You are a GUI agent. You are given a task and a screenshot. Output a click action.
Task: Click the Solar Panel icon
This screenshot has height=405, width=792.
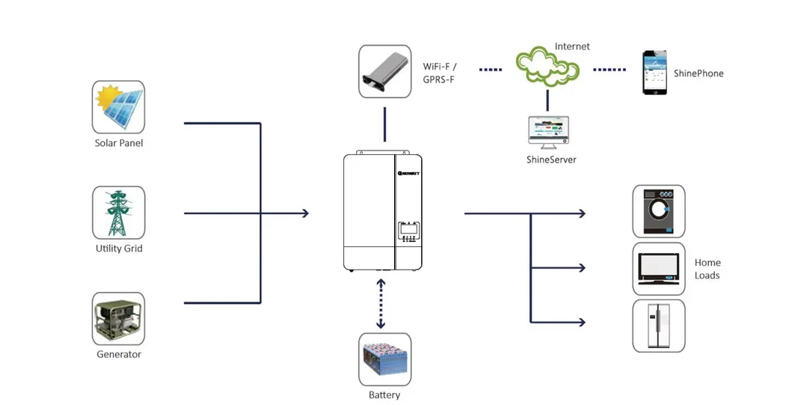coord(118,107)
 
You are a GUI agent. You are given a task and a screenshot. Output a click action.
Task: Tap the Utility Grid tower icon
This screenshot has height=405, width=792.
coord(118,213)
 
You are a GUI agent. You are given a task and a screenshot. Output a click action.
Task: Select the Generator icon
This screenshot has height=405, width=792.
coord(118,319)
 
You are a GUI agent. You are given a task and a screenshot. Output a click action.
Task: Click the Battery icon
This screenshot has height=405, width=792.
coord(384,359)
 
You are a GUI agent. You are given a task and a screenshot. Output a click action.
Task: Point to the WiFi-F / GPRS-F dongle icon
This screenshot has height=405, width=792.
coord(384,71)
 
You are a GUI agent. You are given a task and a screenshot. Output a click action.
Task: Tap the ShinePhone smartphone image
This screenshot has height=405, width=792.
coord(655,73)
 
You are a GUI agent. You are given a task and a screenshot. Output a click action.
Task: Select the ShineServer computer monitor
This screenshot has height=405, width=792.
coord(547,131)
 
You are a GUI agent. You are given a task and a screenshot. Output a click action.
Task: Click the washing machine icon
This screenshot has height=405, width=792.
coord(658,212)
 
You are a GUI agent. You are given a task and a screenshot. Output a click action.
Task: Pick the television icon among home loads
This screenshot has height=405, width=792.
coord(658,268)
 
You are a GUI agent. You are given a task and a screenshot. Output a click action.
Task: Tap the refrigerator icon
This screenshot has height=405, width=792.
coord(658,326)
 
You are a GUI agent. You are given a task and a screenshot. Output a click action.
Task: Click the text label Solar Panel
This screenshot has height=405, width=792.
coord(118,143)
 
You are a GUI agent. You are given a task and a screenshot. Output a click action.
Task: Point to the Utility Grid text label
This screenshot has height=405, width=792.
coord(118,249)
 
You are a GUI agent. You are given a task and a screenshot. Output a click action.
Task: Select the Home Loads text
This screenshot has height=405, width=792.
coord(707,269)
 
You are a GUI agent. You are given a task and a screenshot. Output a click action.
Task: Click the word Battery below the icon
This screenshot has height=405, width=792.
coord(384,395)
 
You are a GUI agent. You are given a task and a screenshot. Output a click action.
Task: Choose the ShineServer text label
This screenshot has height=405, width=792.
coord(551,159)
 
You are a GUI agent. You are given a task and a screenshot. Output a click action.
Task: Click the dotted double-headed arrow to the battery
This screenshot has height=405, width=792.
coord(381,303)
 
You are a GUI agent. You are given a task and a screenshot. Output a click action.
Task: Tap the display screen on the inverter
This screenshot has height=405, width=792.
coord(407,228)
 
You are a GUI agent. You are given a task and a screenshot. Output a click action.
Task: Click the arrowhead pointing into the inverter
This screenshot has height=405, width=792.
coord(304,213)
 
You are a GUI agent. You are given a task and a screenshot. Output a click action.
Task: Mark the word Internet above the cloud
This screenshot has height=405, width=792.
coord(572,46)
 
